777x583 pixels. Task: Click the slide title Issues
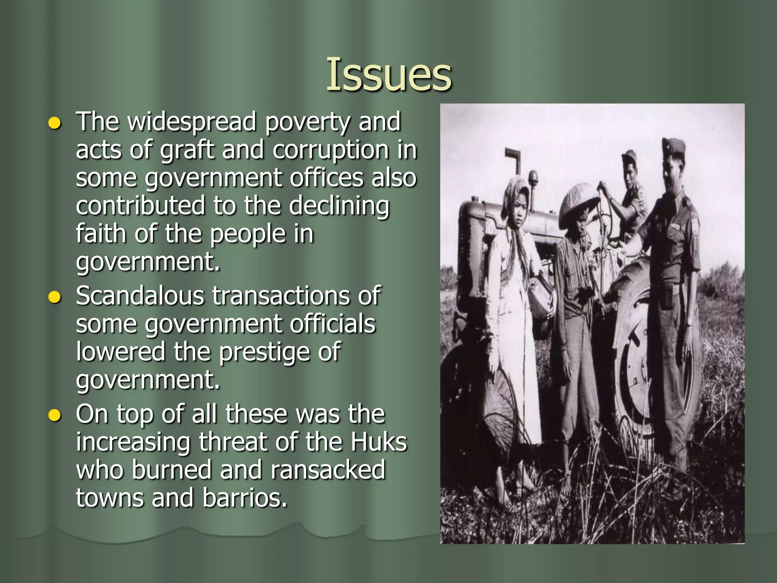(388, 74)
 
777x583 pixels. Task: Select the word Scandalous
(140, 296)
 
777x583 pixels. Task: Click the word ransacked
(328, 470)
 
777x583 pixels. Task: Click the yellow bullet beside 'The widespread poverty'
(55, 124)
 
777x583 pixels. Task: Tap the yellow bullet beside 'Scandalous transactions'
(55, 298)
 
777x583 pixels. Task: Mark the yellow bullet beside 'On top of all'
(55, 416)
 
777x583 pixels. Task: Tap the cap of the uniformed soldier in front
(674, 146)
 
